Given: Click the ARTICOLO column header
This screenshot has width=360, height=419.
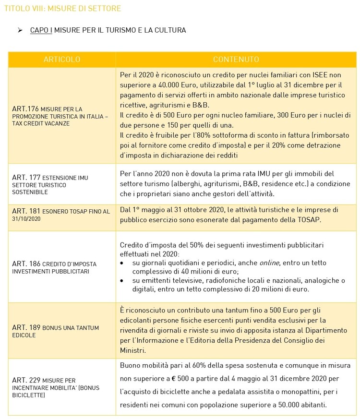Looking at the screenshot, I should (62, 60).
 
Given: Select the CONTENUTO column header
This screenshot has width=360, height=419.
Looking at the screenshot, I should (236, 60).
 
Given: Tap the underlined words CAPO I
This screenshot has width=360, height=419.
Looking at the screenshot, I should (41, 30).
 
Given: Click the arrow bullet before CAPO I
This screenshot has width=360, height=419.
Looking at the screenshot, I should (20, 30).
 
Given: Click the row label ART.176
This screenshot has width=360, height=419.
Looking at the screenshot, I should (22, 109).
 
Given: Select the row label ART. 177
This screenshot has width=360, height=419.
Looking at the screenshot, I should (24, 178).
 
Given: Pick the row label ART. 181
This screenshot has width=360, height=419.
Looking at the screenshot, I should (24, 211).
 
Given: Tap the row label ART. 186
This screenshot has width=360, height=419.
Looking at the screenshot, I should (24, 264).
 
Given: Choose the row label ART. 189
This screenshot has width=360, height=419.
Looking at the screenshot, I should (24, 328).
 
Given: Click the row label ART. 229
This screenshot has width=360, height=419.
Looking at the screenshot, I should (24, 380).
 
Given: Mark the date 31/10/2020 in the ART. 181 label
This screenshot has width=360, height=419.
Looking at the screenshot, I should (26, 218).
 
